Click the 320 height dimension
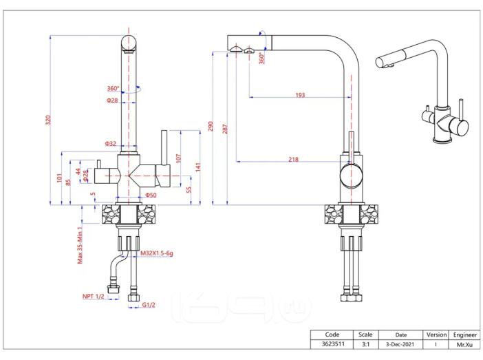coord(48,120)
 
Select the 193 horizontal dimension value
coord(300,95)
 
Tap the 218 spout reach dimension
coord(293,159)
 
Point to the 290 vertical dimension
coord(211,126)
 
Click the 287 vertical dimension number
coord(225,129)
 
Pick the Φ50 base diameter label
coord(151,195)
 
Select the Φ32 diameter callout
coord(110,143)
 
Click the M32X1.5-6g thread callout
coord(157,253)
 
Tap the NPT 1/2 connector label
coord(93,296)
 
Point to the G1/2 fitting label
coord(149,305)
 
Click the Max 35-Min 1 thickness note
coord(80,245)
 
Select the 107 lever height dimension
coord(179,158)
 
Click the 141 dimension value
coord(198,167)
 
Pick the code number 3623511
coord(333,343)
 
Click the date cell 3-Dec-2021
coord(400,344)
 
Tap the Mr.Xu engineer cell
coord(464,345)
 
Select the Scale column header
coord(365,335)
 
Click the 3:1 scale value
coord(365,344)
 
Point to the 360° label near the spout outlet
coord(261,58)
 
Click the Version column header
coord(436,335)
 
